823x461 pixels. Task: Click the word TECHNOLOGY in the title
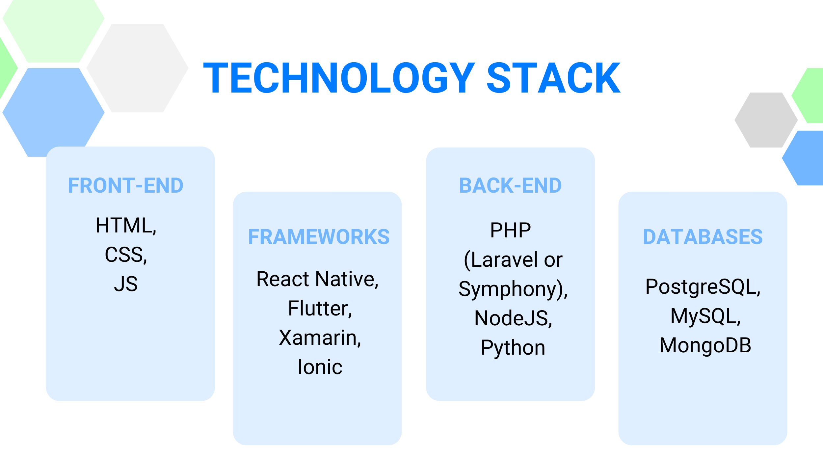[x=339, y=78]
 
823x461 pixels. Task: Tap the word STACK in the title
[x=554, y=78]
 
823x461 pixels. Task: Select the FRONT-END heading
[x=126, y=185]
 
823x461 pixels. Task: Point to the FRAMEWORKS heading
[x=319, y=237]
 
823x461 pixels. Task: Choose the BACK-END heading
[x=511, y=185]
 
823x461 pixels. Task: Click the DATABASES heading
[x=703, y=237]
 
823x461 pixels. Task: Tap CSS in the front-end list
[x=123, y=255]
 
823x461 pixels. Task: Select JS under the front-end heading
[x=126, y=284]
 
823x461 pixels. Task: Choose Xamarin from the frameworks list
[x=318, y=338]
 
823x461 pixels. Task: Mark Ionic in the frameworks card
[x=320, y=367]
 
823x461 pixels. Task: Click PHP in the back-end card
[x=511, y=230]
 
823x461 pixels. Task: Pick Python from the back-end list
[x=513, y=348]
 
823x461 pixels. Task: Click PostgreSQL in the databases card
[x=701, y=287]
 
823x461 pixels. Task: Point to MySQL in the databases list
[x=703, y=316]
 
